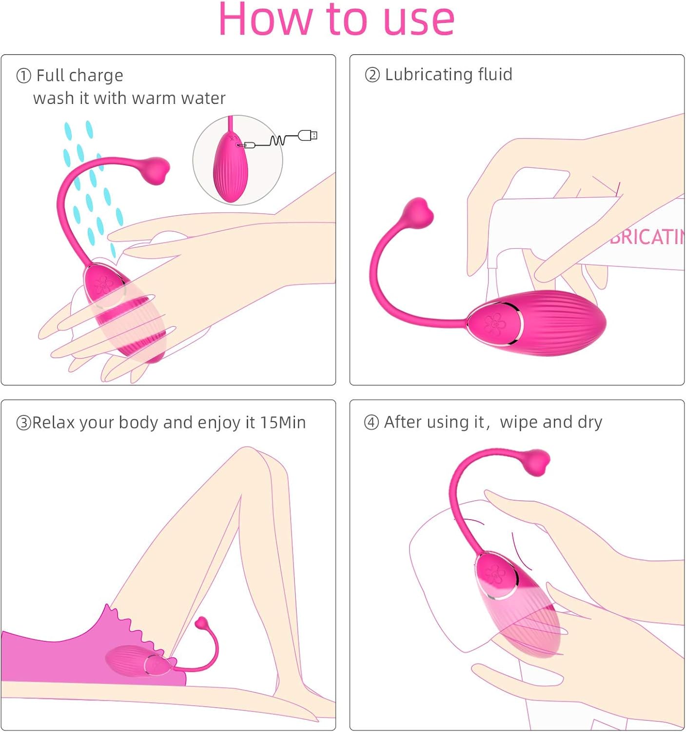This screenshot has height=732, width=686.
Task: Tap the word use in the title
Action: [419, 20]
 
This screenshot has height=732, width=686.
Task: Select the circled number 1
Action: [23, 76]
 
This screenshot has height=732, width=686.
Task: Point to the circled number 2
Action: [372, 75]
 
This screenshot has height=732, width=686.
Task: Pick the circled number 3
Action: [23, 423]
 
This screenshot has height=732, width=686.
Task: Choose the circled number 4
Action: [372, 422]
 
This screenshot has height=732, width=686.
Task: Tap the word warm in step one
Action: [154, 99]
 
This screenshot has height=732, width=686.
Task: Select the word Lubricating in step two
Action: [429, 75]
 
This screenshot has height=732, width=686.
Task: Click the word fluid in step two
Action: [495, 75]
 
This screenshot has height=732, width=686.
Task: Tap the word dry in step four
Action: [590, 423]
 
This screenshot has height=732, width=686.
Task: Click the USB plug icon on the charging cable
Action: [308, 135]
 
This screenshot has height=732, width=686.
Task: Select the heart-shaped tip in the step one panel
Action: [157, 171]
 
